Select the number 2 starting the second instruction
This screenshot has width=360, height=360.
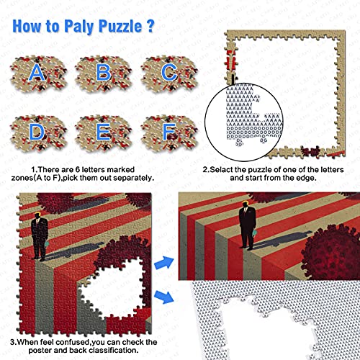pyautogui.click(x=204, y=171)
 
